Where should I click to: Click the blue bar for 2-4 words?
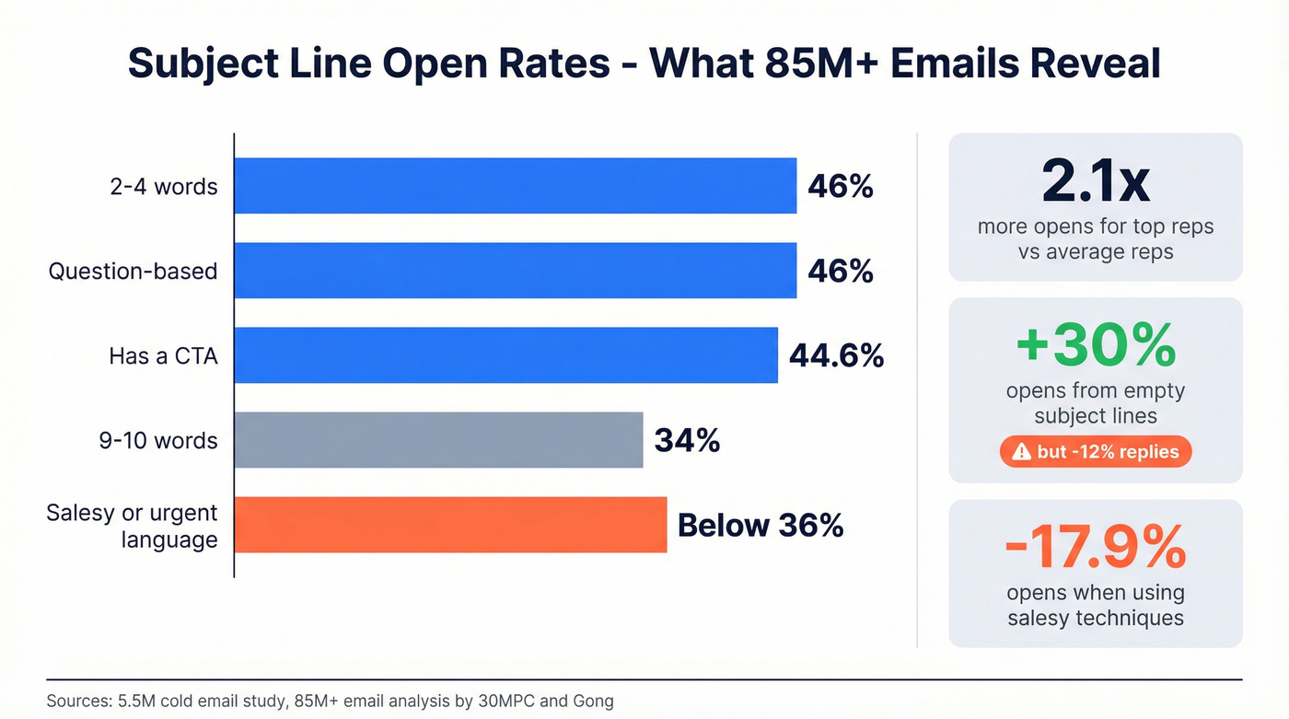point(516,186)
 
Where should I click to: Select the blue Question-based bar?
point(516,271)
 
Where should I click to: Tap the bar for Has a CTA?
point(506,355)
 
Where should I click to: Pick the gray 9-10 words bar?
point(438,440)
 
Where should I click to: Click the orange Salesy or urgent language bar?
point(450,525)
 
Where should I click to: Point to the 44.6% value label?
point(837,355)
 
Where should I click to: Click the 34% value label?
point(687,441)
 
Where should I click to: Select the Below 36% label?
point(761,526)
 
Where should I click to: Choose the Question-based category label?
point(134,272)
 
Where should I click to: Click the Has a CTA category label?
point(163,356)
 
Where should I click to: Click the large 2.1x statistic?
point(1096,181)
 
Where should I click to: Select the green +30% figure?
point(1096,345)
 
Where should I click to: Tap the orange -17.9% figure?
point(1096,548)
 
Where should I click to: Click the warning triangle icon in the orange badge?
point(1022,452)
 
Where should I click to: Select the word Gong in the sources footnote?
point(592,702)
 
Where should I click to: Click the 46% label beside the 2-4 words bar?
point(840,187)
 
